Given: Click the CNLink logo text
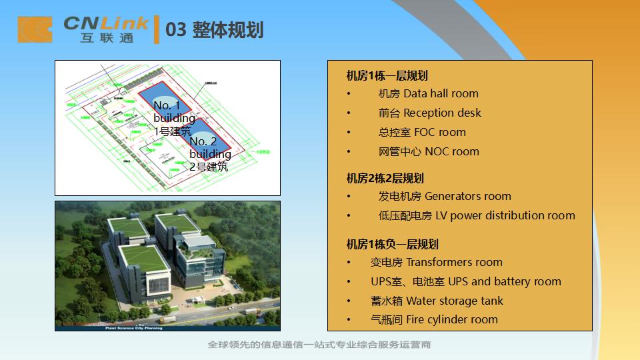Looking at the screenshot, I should (x=107, y=24).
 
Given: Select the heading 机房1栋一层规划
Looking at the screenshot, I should (x=387, y=75).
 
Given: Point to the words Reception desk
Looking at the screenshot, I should (x=429, y=113).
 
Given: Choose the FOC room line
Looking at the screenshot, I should (x=422, y=133).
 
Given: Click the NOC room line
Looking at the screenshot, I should (x=429, y=152).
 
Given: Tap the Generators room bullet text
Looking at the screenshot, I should (x=445, y=197).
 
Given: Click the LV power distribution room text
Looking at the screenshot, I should (x=477, y=216).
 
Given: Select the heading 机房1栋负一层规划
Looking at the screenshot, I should (x=392, y=244).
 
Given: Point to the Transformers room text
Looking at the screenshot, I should (x=437, y=263).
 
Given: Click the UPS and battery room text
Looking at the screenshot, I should (x=466, y=282).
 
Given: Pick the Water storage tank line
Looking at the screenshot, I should (x=437, y=301).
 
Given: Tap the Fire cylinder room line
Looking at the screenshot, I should (x=434, y=320).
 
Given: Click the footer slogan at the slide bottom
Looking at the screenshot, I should (x=319, y=345).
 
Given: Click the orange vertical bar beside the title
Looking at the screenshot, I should (x=157, y=30).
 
